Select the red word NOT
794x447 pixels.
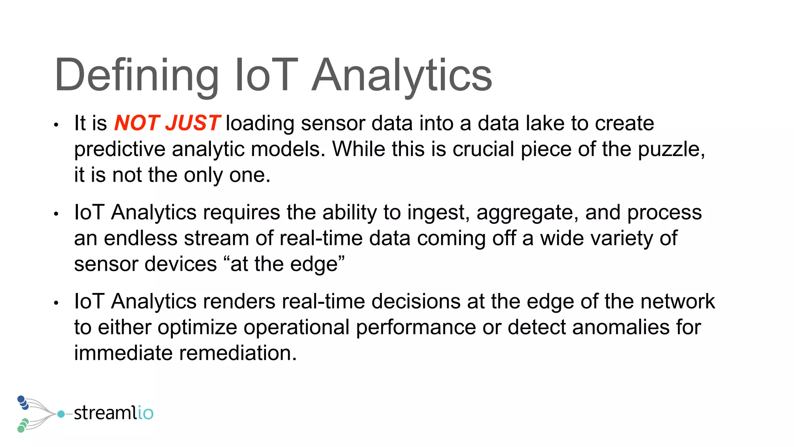[x=137, y=123]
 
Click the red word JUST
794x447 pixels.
[x=193, y=123]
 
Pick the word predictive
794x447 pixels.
[x=119, y=149]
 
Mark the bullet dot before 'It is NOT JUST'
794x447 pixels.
[x=56, y=125]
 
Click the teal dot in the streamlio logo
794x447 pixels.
[x=61, y=414]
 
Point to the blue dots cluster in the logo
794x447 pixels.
[x=23, y=402]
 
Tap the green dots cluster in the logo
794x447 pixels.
[x=23, y=425]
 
